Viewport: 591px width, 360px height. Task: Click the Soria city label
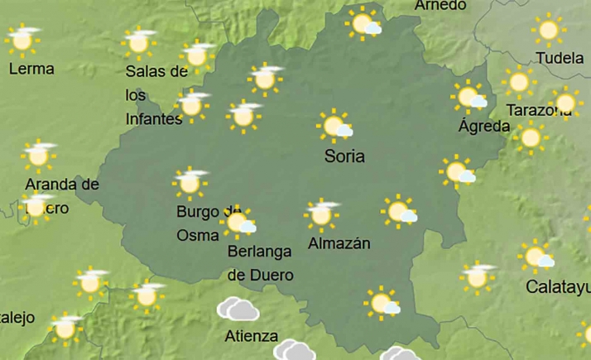tap(345, 156)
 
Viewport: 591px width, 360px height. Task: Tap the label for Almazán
tap(338, 243)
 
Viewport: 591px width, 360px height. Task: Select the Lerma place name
tap(31, 69)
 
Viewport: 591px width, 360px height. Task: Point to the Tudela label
tap(560, 58)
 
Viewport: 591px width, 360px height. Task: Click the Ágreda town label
tap(483, 127)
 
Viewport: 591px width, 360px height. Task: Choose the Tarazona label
tap(539, 109)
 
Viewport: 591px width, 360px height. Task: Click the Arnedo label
tap(440, 6)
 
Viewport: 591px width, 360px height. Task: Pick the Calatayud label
tap(558, 287)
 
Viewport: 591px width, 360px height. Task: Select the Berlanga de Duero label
tap(260, 262)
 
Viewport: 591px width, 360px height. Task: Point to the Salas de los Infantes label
tap(155, 95)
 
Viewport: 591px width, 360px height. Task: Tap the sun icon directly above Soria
tap(335, 127)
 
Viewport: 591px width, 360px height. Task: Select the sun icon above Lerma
tap(22, 39)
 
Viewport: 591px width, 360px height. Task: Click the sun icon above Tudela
tap(548, 30)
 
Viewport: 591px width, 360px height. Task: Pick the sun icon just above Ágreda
tap(468, 96)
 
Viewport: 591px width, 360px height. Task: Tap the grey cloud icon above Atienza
tap(237, 310)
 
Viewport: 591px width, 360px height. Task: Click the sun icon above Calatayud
tap(536, 257)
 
